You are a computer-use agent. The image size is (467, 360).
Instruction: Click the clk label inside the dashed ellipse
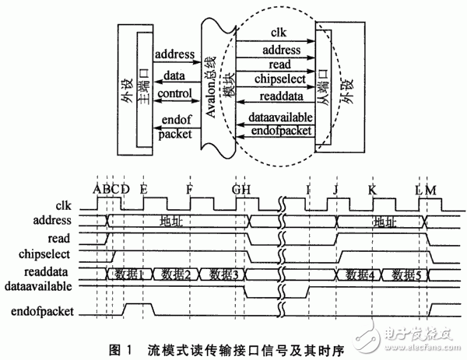click(280, 32)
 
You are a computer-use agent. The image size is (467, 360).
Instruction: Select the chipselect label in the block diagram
click(279, 79)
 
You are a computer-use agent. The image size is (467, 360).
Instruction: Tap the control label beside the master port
click(174, 94)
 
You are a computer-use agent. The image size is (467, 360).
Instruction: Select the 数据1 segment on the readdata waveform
click(130, 274)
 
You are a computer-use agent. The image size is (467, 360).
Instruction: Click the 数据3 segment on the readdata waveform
click(223, 274)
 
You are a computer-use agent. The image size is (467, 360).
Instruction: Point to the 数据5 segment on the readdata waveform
click(407, 274)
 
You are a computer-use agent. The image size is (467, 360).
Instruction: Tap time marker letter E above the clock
click(143, 189)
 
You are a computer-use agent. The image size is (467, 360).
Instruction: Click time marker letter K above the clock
click(372, 189)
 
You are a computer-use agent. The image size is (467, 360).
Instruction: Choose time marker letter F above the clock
click(190, 189)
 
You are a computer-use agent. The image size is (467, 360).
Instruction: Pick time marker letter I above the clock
click(309, 189)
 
